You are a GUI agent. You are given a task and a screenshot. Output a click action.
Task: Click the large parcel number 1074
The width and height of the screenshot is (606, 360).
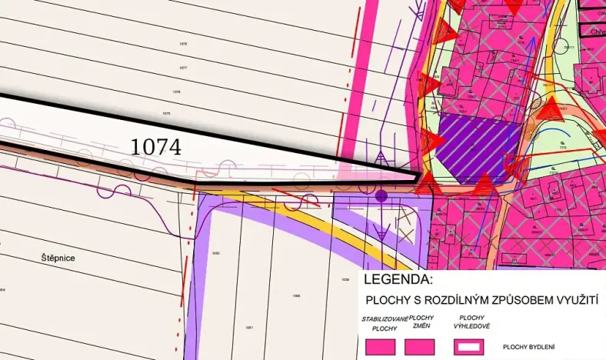click(156, 146)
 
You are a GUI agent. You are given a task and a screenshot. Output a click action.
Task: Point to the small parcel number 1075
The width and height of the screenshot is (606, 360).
click(166, 113)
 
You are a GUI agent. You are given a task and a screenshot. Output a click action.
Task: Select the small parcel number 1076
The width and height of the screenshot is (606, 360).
click(176, 92)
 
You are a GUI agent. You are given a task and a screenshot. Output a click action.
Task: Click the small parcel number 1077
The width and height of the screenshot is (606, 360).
click(183, 68)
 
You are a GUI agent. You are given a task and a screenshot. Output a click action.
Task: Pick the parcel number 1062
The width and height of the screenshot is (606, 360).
click(216, 253)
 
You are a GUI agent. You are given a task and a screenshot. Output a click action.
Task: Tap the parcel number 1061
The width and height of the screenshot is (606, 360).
click(249, 328)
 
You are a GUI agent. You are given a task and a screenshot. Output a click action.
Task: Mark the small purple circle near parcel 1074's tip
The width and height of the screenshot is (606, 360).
click(381, 197)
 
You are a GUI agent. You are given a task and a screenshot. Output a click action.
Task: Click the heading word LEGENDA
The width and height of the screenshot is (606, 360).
click(398, 279)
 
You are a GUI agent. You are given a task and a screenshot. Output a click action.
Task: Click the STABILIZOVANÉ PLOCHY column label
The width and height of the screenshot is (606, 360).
click(380, 323)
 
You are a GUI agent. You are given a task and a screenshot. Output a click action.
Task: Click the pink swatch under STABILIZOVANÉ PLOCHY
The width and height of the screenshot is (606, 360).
click(379, 347)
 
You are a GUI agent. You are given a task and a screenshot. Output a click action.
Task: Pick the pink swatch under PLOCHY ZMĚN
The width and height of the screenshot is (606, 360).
click(420, 347)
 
